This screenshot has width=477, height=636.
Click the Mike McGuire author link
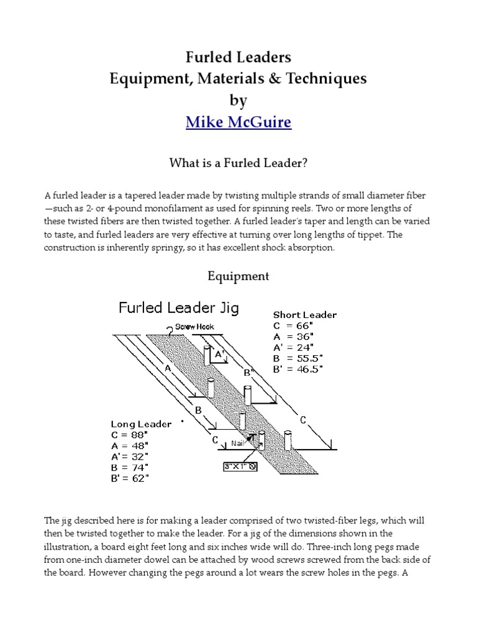pos(238,122)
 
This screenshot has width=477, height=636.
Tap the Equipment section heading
pos(238,276)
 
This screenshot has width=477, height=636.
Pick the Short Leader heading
pos(305,315)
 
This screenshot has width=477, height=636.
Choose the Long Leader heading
pos(141,424)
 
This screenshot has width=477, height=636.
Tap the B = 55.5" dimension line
pos(297,358)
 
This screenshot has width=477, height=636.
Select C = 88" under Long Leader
pos(130,435)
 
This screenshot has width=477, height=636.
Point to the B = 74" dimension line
pos(130,467)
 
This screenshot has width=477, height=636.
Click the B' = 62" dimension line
pos(130,478)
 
